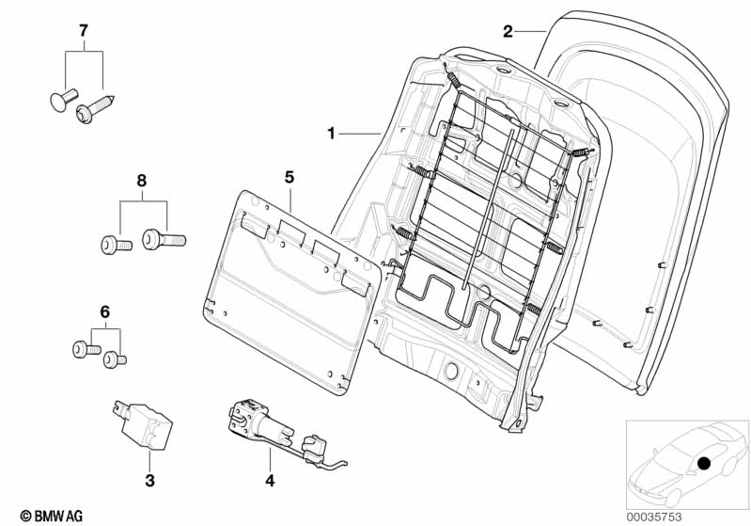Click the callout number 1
[331, 133]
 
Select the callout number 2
[508, 32]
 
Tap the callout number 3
[149, 480]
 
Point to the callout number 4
[270, 481]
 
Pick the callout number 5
[289, 178]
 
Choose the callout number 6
[105, 312]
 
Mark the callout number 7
[84, 31]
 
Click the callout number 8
[141, 181]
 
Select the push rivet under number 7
[63, 99]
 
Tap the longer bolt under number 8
[164, 239]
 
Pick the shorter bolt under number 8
[117, 246]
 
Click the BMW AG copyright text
[52, 516]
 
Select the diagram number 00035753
[654, 517]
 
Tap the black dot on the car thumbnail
[704, 464]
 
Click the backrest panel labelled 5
[292, 293]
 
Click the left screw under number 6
[86, 348]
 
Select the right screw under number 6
[115, 359]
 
